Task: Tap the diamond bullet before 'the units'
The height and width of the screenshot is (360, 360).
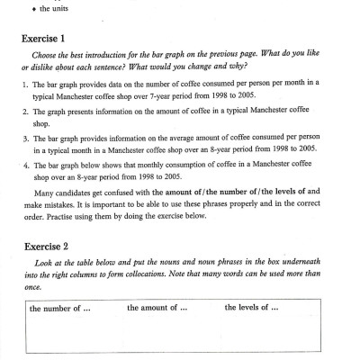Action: point(31,9)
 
